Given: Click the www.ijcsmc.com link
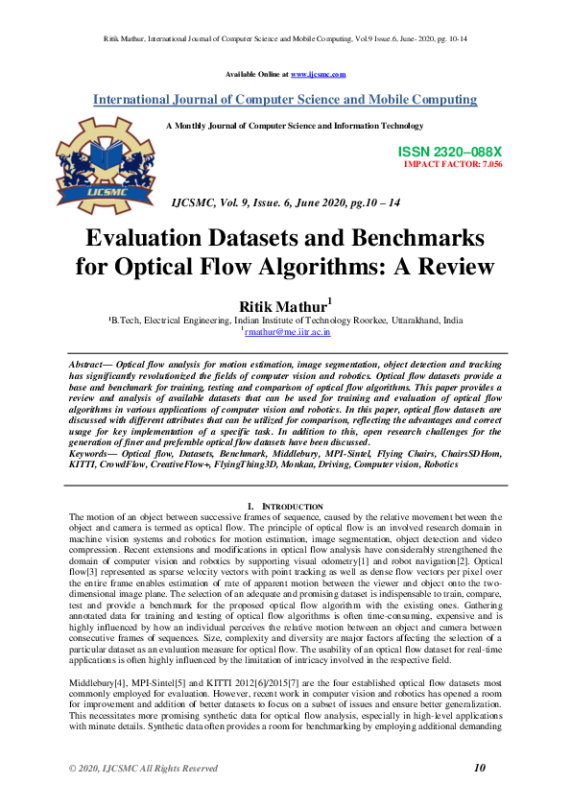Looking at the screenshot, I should click(318, 74).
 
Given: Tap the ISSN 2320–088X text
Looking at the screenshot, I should click(449, 153).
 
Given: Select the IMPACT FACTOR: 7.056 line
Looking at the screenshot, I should click(453, 165).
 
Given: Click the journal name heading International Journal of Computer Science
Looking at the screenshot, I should click(285, 100).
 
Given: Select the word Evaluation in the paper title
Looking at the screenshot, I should click(144, 238).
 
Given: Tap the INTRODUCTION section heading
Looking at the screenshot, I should click(289, 506).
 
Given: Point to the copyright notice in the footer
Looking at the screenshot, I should click(143, 769).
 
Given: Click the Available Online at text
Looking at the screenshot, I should click(256, 74).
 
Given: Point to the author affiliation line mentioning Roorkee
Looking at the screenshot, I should click(285, 320).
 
